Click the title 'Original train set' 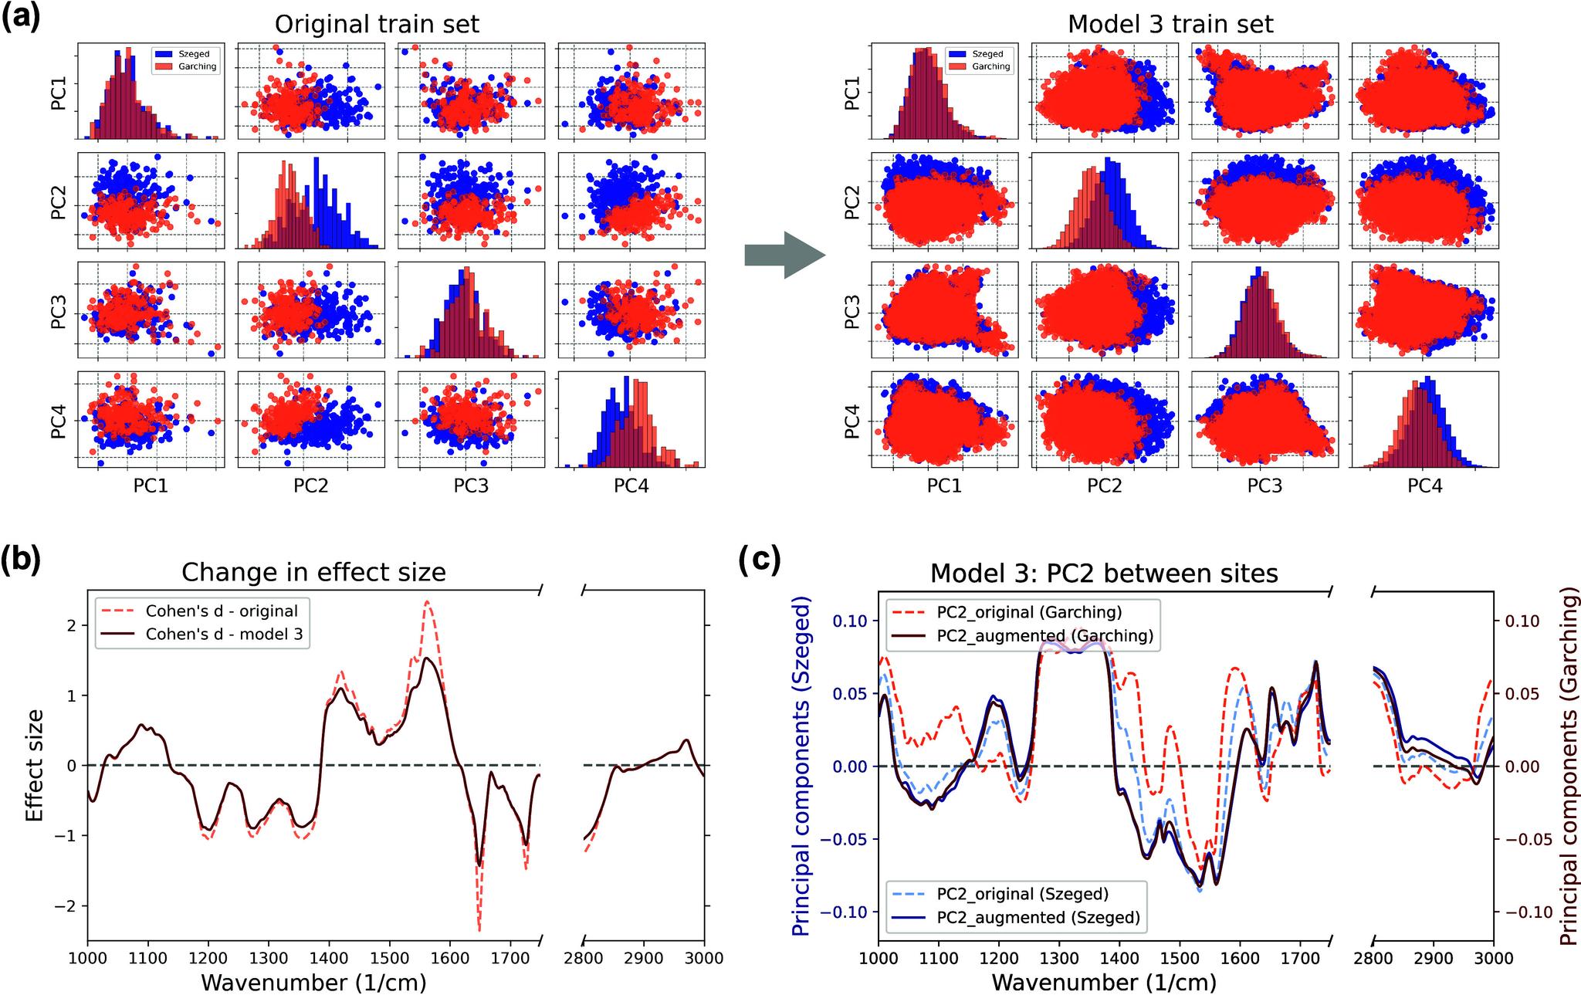[x=377, y=24]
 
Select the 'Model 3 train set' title [x=1170, y=24]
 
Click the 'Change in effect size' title [x=313, y=572]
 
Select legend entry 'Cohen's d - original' [x=222, y=611]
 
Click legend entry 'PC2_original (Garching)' [x=1029, y=612]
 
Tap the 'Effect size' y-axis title [x=35, y=766]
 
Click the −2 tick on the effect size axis [x=69, y=906]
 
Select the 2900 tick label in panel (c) [x=1434, y=959]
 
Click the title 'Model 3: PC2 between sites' [x=1104, y=574]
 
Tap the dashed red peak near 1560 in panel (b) [x=427, y=603]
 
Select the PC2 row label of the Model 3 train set [x=852, y=201]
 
